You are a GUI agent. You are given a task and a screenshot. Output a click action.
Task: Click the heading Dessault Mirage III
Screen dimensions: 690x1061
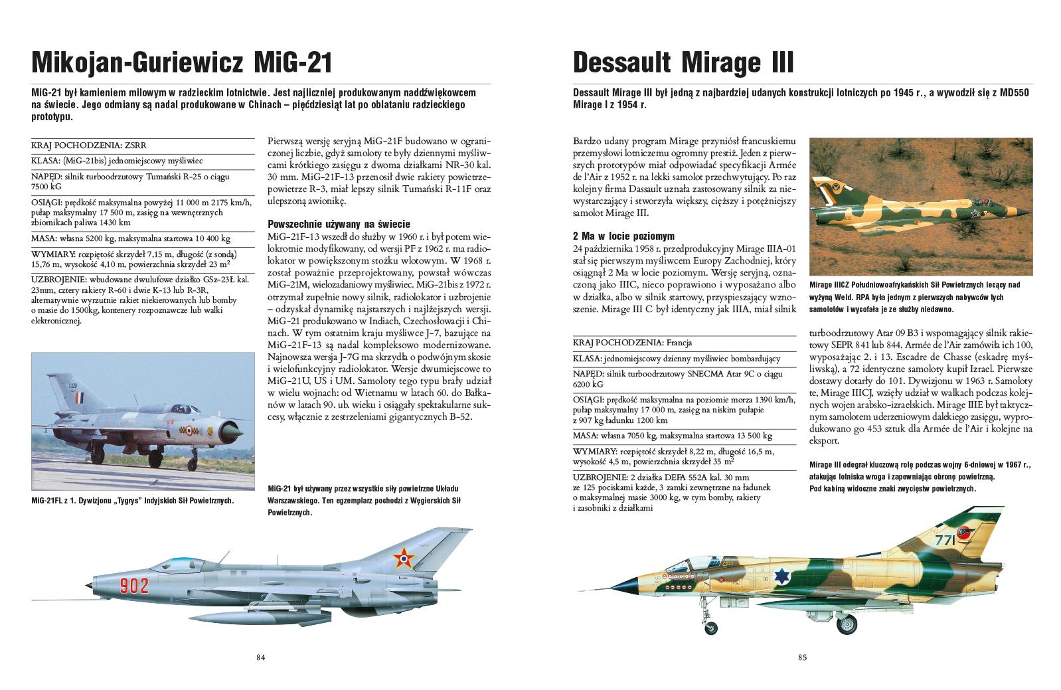683,64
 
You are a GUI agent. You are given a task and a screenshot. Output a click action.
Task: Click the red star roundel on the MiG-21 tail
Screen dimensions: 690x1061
402,560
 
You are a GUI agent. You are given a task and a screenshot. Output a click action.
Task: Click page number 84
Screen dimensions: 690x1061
261,657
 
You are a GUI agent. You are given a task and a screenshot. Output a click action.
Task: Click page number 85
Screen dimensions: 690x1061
802,657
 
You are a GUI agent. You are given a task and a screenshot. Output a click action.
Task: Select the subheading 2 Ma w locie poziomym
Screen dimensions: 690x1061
623,236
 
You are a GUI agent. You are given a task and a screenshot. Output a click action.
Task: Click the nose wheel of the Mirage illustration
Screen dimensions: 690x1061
711,627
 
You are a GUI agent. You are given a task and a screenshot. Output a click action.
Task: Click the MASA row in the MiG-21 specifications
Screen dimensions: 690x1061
131,238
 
